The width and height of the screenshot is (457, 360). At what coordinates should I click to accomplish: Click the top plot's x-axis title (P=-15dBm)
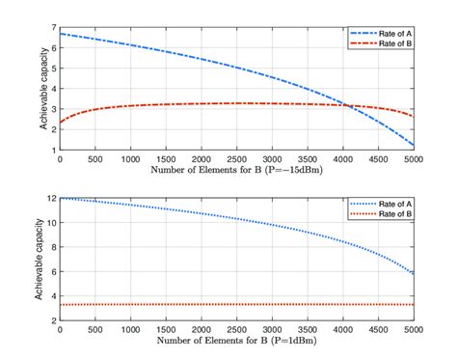pyautogui.click(x=238, y=169)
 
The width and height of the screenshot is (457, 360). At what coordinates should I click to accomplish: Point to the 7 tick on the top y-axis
pyautogui.click(x=54, y=28)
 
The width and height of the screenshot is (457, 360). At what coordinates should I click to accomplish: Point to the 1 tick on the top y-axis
pyautogui.click(x=54, y=151)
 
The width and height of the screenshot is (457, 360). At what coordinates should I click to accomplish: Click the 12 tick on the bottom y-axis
pyautogui.click(x=52, y=198)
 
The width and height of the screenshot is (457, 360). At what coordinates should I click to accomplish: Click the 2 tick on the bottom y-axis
pyautogui.click(x=54, y=319)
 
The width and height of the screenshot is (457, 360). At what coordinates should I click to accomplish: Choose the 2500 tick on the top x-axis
pyautogui.click(x=238, y=158)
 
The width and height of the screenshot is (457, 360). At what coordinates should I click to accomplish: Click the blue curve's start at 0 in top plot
pyautogui.click(x=61, y=34)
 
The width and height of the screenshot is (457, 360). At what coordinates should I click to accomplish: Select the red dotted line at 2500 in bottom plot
pyautogui.click(x=238, y=305)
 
